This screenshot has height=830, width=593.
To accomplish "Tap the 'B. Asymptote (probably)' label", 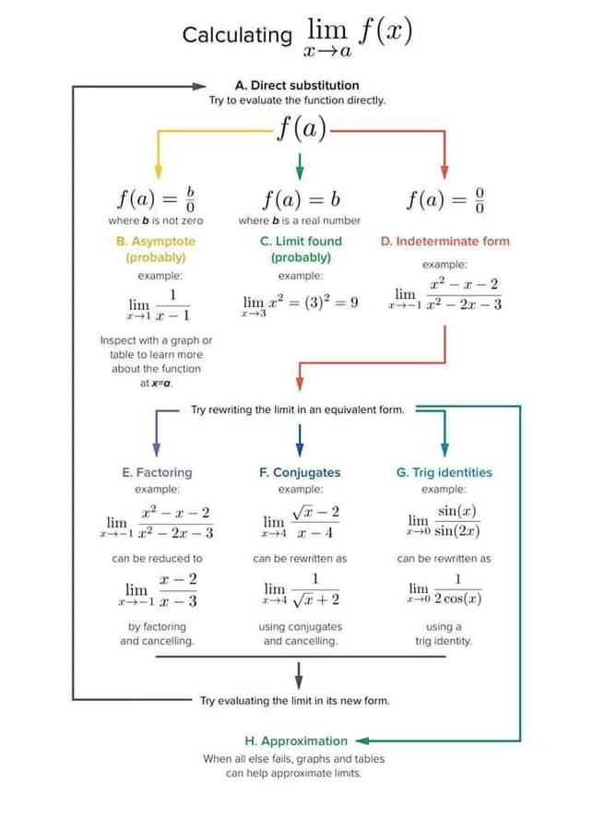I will (x=156, y=249).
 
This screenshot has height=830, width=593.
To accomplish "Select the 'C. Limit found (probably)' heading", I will (x=301, y=249).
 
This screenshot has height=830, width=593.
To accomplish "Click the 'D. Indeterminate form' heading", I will (x=445, y=241).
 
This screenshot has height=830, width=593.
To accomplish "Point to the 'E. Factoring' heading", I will (x=157, y=472).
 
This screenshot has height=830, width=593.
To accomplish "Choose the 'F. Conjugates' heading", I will (x=300, y=472).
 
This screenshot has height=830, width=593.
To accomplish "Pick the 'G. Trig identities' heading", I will (x=445, y=472).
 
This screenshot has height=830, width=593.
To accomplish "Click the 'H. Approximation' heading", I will (x=296, y=741).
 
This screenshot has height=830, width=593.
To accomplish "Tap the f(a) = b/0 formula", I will (x=156, y=198).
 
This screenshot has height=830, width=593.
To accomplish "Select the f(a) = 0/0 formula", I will (x=445, y=198).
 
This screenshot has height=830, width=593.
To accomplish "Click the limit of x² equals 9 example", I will (x=300, y=303).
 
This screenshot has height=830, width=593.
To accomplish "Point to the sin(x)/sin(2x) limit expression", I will (x=445, y=521).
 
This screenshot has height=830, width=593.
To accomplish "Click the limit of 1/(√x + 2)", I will (x=301, y=589).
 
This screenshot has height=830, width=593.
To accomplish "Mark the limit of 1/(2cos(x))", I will (x=445, y=589).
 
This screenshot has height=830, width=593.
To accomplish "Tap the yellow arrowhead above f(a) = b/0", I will (x=158, y=172).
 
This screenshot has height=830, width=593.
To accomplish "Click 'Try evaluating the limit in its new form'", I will (x=295, y=701).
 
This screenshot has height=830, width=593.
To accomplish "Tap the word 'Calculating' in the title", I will (x=237, y=35).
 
